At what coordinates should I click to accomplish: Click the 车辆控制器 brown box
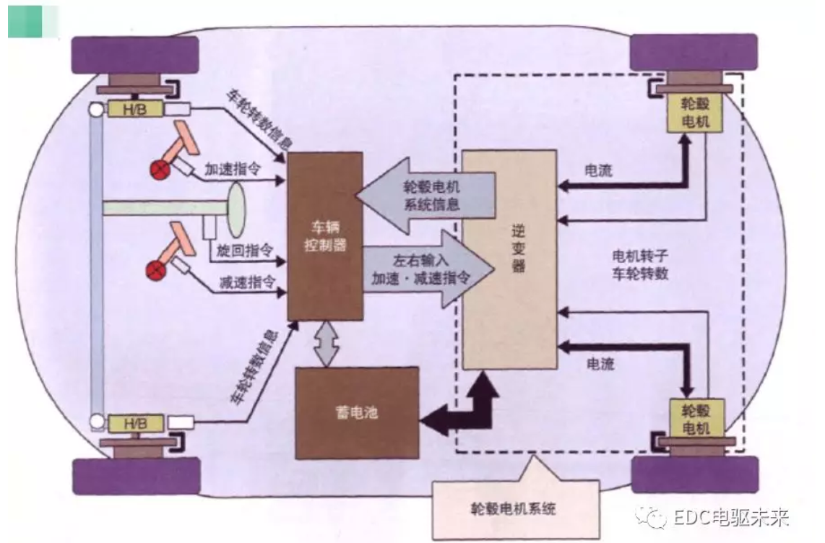(x=324, y=236)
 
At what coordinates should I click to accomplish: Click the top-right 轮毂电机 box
(x=694, y=113)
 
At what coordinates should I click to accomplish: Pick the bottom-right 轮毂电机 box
(x=694, y=420)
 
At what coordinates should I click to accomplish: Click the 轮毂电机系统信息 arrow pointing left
(x=426, y=195)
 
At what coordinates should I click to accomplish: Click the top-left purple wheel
(x=135, y=54)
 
